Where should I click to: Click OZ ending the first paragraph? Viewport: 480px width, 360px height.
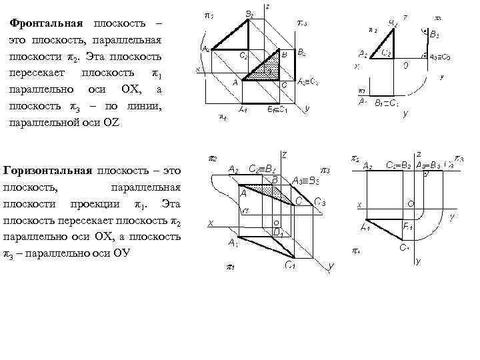(x=109, y=123)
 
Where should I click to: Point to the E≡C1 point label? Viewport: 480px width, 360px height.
(x=276, y=110)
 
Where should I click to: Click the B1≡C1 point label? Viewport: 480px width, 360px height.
(x=387, y=103)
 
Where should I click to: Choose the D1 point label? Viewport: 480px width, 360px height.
(x=279, y=233)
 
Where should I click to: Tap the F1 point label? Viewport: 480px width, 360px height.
(x=407, y=227)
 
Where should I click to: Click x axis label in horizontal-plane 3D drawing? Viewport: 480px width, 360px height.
(x=211, y=224)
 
